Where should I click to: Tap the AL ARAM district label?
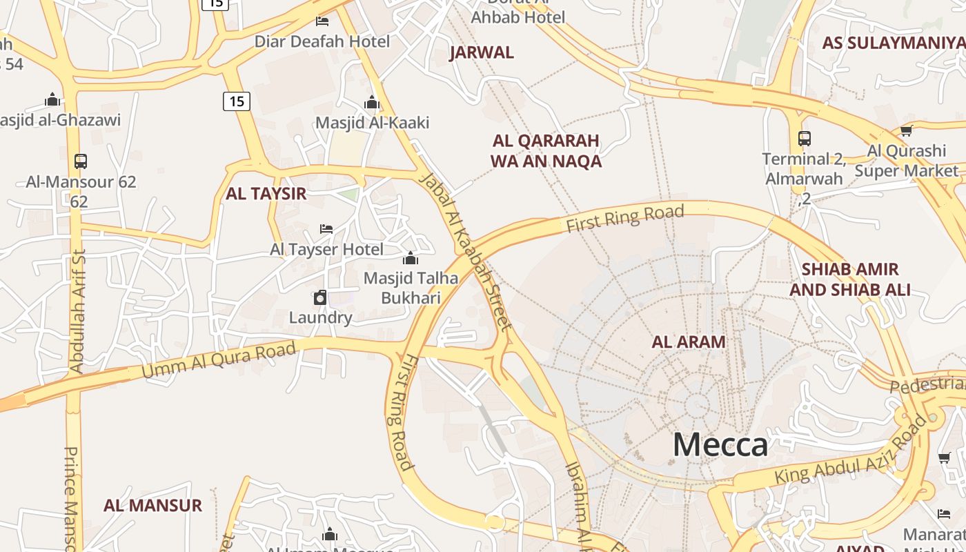coord(689,342)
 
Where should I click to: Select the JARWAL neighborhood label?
coord(482,52)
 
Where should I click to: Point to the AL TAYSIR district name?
coord(266,194)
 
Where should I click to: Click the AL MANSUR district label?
coord(152,505)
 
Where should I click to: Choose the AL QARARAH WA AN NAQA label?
coord(546,151)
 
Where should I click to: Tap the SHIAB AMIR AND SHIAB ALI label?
coord(849,279)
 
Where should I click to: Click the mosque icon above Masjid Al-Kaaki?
coord(372,103)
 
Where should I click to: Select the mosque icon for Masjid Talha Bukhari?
coord(411,259)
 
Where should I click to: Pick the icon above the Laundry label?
coord(320,298)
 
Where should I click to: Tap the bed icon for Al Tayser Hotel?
coord(326,228)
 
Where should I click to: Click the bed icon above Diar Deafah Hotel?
coord(322,21)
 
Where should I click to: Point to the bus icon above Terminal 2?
coord(804,138)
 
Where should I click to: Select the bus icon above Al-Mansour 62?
coord(81,161)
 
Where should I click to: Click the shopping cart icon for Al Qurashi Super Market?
coord(906,130)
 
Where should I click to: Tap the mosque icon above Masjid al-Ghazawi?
coord(52,100)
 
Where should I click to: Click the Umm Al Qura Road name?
coord(219,359)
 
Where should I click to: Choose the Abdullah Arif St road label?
coord(77,310)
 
